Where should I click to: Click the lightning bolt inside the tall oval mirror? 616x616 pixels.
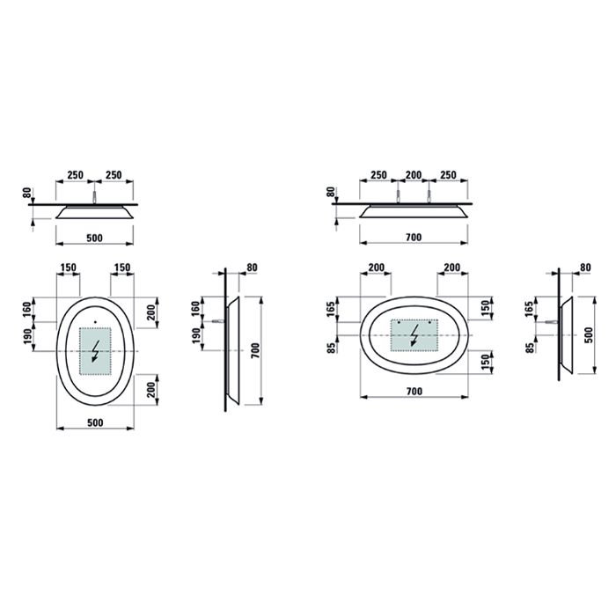point(95,351)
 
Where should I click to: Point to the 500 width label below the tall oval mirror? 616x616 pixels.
point(95,422)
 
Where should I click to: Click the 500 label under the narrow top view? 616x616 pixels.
point(95,238)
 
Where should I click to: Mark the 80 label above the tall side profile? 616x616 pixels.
point(253,267)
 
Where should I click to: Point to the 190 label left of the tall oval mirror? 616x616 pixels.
point(27,335)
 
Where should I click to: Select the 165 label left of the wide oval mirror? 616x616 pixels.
point(332,310)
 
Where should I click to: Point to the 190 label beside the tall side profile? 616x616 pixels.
point(196,335)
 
